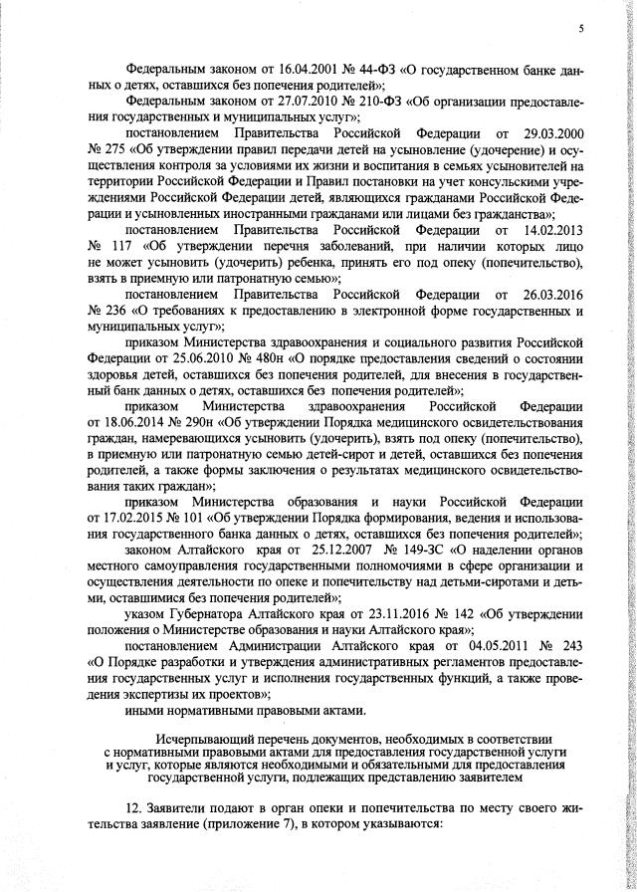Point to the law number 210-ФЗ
point(351,102)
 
